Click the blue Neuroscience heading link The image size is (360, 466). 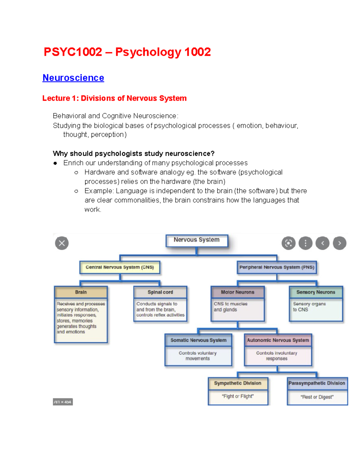73,78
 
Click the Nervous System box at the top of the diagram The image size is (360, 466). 196,240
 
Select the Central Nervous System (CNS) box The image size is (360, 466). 120,267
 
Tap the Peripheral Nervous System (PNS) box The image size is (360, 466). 277,267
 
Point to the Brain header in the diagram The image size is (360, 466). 81,292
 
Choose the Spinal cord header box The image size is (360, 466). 160,292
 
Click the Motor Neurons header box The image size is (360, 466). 237,292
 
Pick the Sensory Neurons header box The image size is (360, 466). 316,292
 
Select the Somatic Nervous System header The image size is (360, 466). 198,340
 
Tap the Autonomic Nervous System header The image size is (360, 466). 278,340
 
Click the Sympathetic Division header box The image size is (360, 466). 238,383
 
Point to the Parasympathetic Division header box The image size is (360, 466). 317,383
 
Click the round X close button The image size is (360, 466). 62,243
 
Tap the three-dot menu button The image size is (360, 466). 305,243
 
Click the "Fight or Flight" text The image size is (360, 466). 238,396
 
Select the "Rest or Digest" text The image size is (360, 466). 317,397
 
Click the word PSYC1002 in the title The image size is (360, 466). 73,52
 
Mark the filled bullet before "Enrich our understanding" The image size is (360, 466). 55,163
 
